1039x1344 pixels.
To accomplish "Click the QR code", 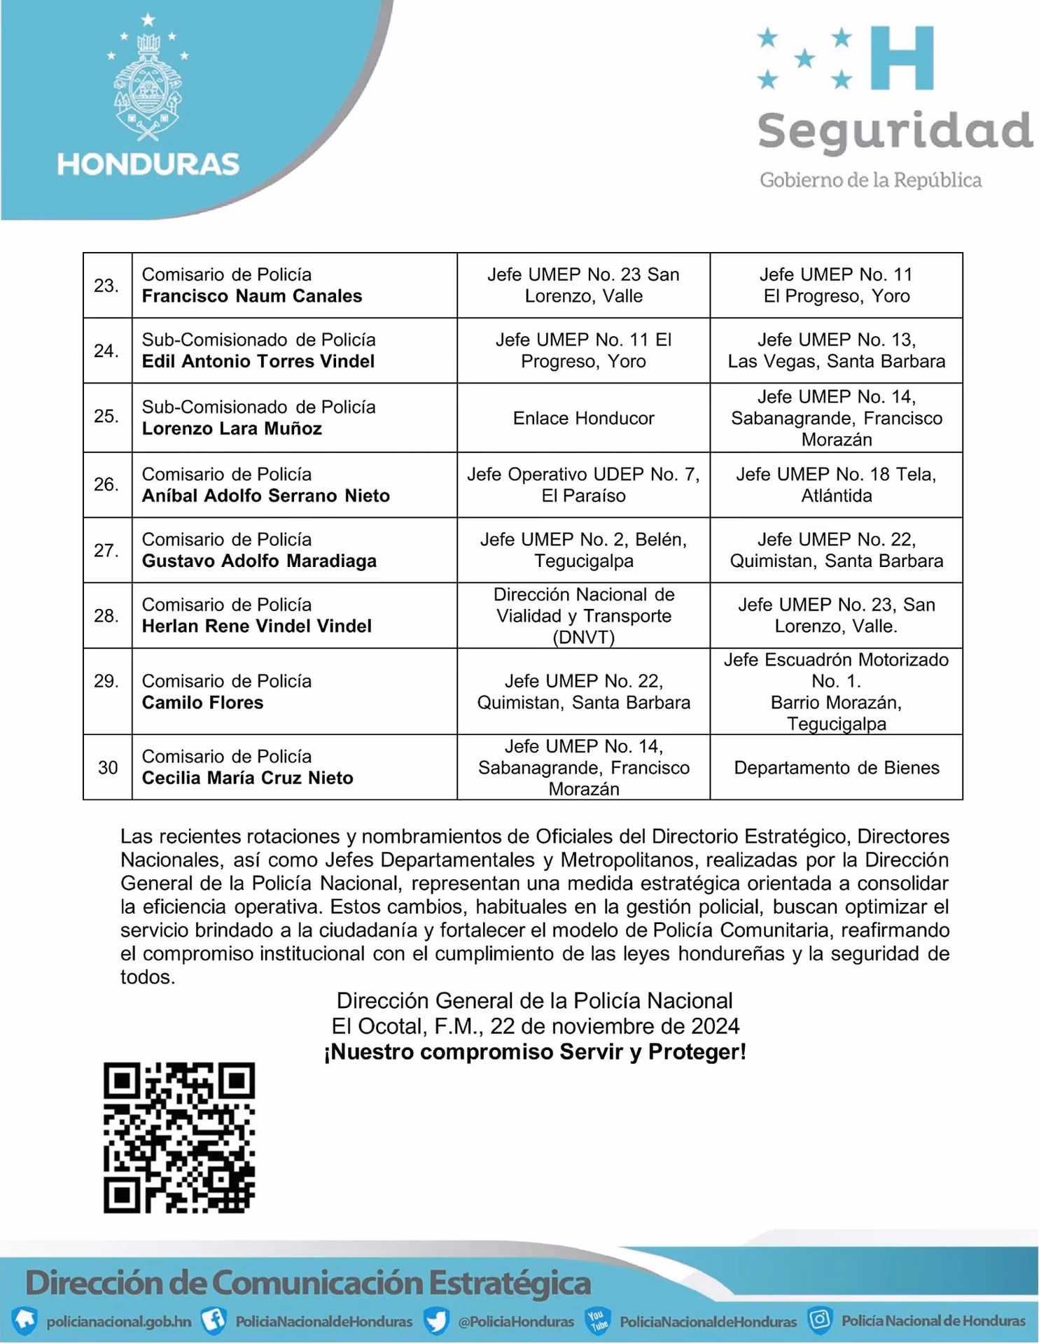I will (x=179, y=1137).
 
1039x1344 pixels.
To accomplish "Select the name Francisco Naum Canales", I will (x=252, y=296).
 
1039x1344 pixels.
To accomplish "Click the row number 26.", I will (x=106, y=484).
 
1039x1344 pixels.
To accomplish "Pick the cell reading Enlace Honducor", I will (x=583, y=418).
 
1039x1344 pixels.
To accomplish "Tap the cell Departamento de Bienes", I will (x=836, y=767).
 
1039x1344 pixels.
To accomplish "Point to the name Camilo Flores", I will (x=202, y=702).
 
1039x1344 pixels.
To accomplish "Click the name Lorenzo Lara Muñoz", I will (x=232, y=428).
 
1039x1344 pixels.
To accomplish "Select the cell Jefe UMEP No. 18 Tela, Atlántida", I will (x=836, y=484).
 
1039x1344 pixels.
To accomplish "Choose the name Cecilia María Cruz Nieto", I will (x=247, y=778).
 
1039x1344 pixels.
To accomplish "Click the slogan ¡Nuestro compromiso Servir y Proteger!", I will (x=535, y=1051).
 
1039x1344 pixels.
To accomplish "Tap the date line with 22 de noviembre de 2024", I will (x=535, y=1026).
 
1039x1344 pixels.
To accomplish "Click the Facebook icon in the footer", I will (x=214, y=1320).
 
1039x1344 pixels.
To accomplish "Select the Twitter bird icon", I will (x=436, y=1321).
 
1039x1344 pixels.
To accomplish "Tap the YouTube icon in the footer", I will (x=597, y=1320).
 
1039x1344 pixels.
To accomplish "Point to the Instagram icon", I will (x=819, y=1319).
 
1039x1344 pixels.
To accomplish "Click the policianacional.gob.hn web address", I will (x=118, y=1322).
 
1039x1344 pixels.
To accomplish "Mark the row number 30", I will (x=108, y=768).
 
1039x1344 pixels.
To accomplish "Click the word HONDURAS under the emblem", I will (x=148, y=164).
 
